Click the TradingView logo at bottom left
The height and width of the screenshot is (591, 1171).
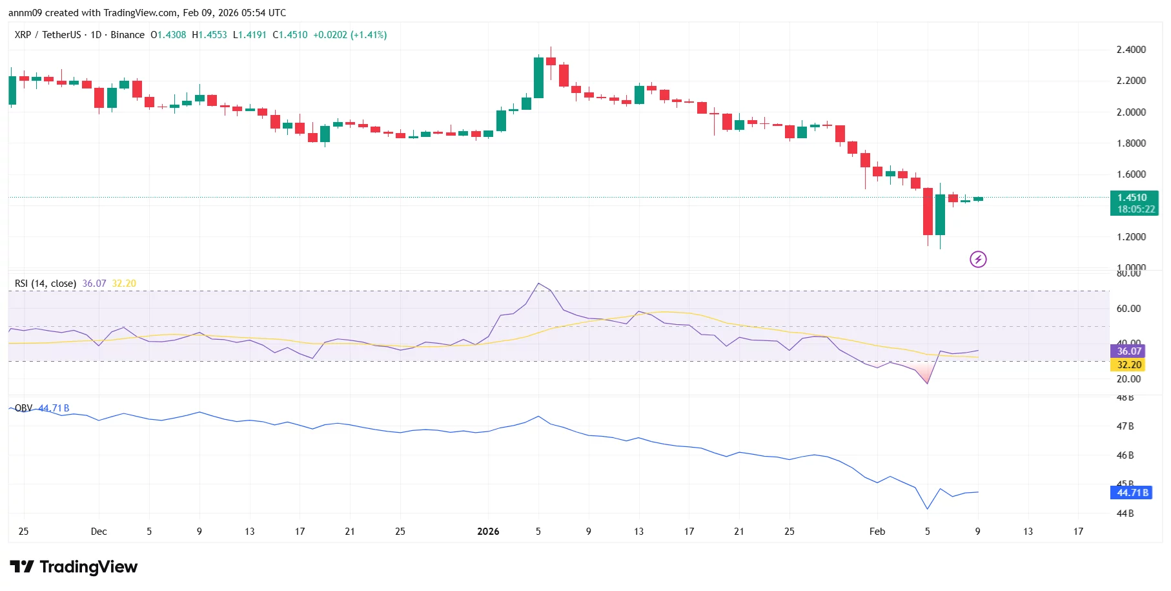click(74, 567)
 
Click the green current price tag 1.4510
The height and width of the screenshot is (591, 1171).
click(1133, 198)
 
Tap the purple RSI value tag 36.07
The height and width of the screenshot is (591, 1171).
click(1129, 351)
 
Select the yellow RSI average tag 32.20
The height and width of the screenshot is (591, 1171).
click(1129, 365)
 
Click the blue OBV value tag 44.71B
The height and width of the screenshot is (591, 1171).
click(1133, 493)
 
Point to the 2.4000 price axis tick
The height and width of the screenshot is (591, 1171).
click(1131, 50)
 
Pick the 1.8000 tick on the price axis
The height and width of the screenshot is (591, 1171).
click(1131, 143)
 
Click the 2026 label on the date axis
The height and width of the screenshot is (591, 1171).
click(488, 532)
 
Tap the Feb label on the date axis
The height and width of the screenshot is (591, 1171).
click(877, 532)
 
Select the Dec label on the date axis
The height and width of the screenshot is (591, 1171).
click(99, 532)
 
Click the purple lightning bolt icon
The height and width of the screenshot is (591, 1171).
click(978, 260)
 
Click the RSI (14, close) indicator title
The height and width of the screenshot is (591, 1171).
click(45, 284)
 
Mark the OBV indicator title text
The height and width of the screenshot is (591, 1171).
click(23, 408)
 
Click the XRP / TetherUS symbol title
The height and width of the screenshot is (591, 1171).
click(48, 35)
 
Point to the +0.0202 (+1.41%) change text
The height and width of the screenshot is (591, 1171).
click(350, 35)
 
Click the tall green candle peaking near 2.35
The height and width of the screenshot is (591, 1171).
click(538, 78)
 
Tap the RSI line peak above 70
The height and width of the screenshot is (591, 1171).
click(538, 284)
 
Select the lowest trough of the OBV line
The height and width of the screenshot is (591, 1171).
click(928, 508)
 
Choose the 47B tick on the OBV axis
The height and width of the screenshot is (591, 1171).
click(1125, 426)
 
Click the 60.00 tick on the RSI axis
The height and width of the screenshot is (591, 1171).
click(1128, 309)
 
